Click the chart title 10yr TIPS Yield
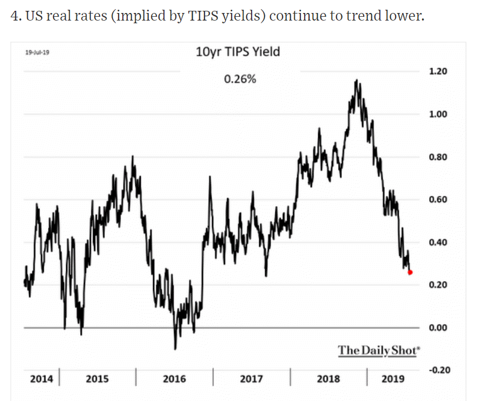coord(238,52)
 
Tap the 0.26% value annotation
coord(240,79)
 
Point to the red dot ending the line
coord(410,272)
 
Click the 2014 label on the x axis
coord(42,378)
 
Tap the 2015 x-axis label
coord(97,378)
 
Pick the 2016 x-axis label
coord(174,378)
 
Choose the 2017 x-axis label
coord(252,378)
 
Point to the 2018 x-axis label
coord(328,378)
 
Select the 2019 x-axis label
coord(393,378)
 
